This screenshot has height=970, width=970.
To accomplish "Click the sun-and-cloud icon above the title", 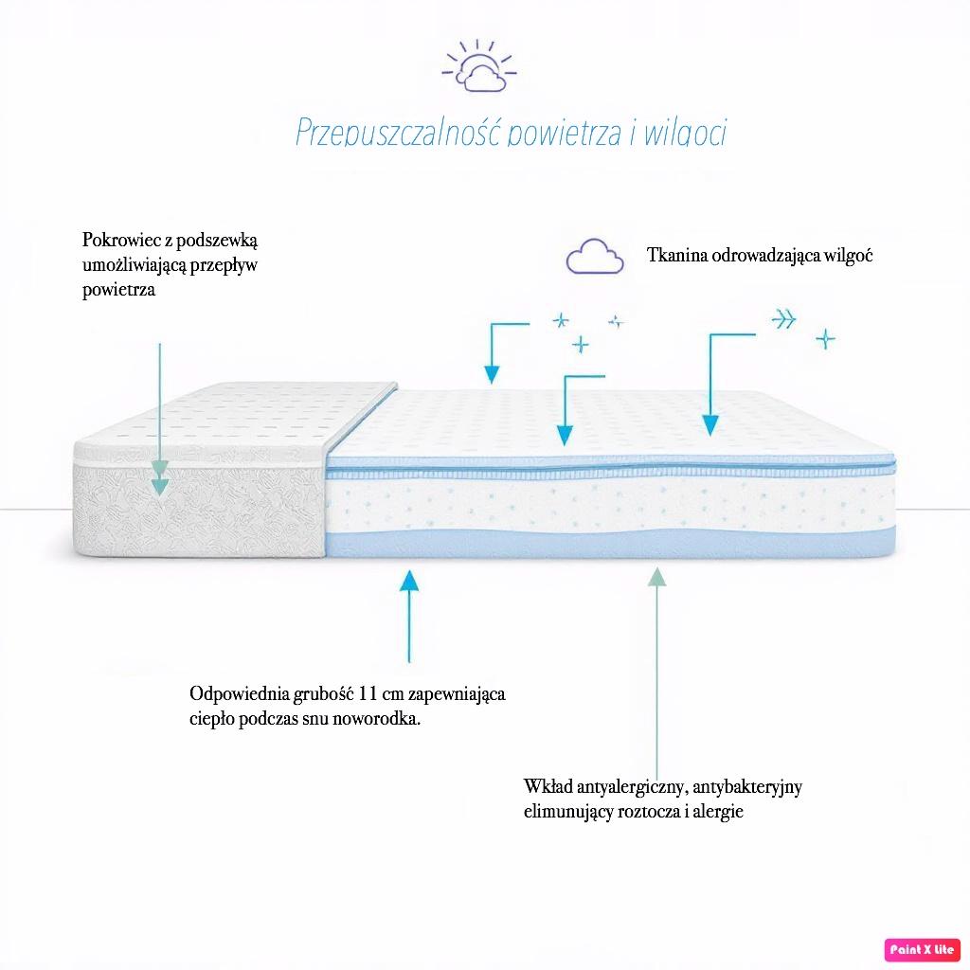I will [479, 67].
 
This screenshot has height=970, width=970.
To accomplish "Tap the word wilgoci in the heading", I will [685, 132].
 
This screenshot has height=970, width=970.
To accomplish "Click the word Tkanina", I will [676, 255].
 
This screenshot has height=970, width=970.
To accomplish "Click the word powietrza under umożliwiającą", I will [118, 290].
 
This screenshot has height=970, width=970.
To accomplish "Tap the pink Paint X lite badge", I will [923, 949].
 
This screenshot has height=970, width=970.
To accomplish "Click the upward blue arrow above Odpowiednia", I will [408, 616].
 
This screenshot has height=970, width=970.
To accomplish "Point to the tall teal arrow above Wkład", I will [656, 663].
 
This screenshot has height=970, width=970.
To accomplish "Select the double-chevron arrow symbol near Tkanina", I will [783, 319].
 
